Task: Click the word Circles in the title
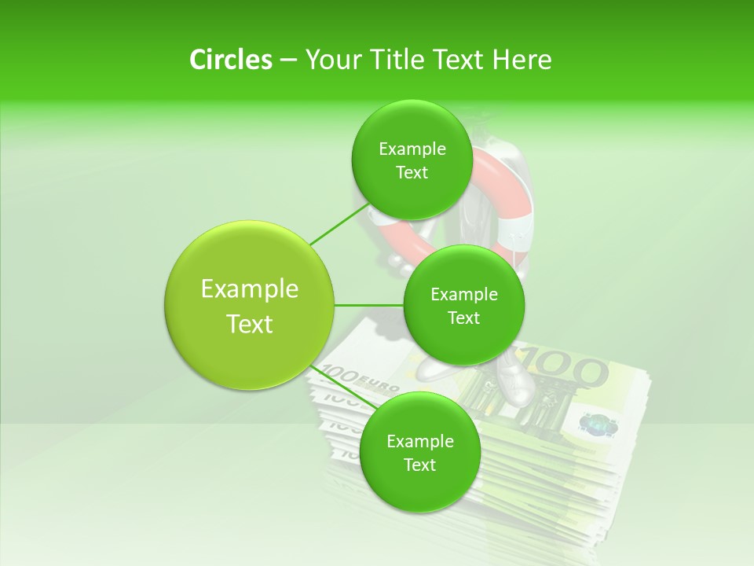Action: (230, 60)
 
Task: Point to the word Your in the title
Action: (334, 60)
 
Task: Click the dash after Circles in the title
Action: (288, 61)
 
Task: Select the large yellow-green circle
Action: (250, 305)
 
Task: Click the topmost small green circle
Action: (412, 160)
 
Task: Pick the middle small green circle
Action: (463, 305)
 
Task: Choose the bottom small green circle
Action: (419, 452)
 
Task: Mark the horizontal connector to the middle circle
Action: (369, 305)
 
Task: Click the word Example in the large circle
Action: (250, 289)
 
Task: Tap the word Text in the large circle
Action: (250, 324)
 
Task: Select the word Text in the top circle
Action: (412, 173)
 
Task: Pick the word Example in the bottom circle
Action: (419, 441)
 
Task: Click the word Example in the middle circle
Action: (463, 294)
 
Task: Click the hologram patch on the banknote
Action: (596, 424)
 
